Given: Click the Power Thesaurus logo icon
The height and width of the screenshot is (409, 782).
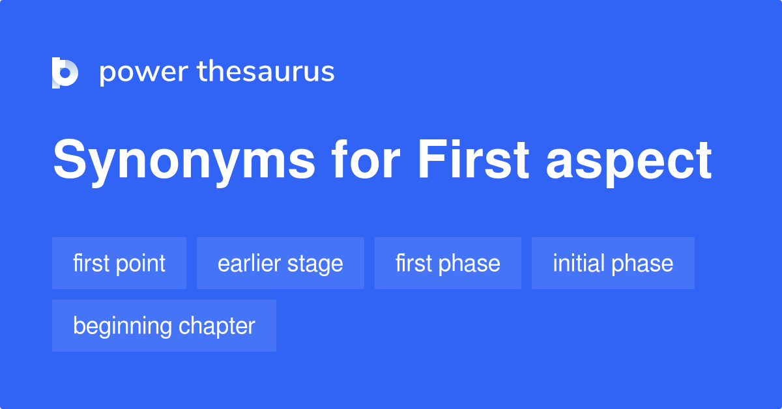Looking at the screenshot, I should coord(65,72).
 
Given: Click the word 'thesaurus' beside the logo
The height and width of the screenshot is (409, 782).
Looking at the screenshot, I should coord(266,72).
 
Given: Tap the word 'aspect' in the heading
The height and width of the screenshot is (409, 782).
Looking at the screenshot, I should coord(629,162).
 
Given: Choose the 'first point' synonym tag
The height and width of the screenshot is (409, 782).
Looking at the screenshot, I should coord(119,263).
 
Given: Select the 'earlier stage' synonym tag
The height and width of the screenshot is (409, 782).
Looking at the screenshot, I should coord(280,263).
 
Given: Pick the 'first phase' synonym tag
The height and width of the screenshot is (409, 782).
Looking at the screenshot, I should coord(448,263).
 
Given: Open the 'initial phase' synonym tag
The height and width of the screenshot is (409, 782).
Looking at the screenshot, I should coord(613,263).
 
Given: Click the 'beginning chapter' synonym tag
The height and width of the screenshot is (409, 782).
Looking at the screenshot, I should coord(164,326).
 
